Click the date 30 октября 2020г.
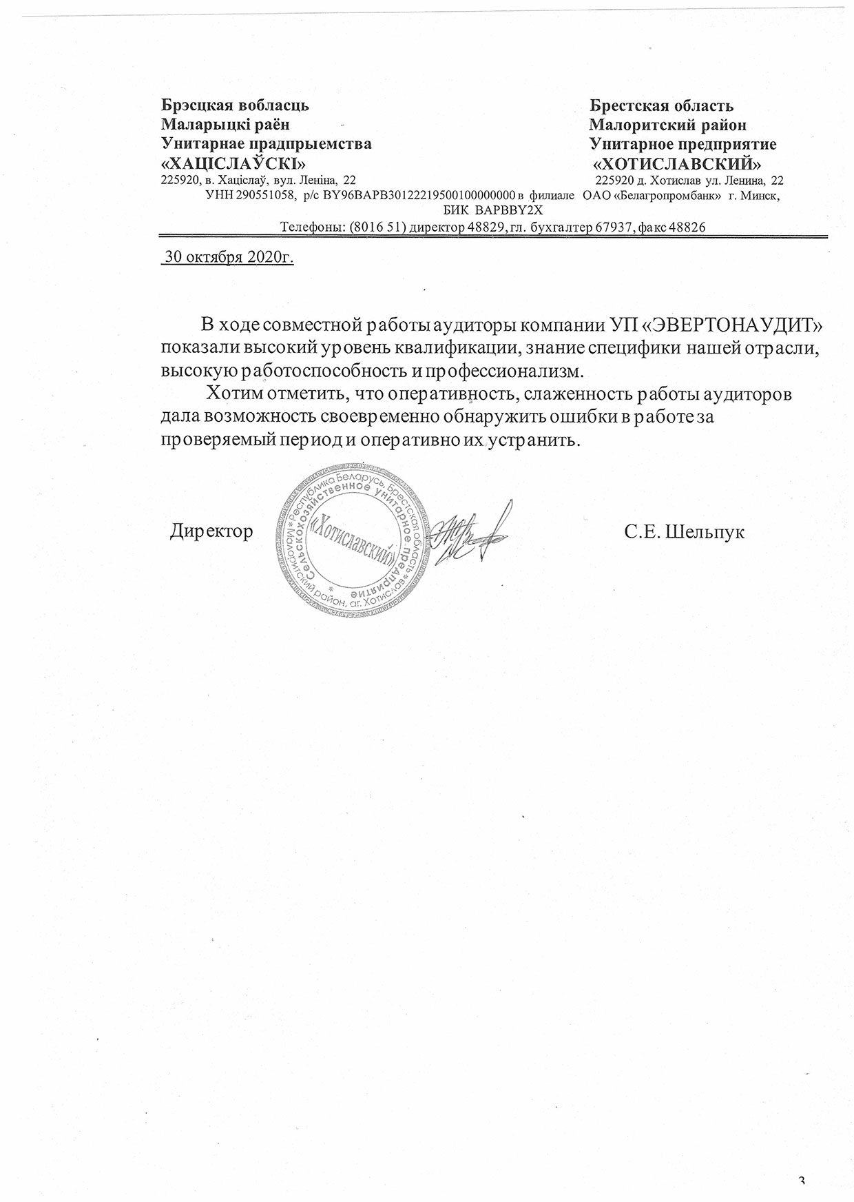[227, 258]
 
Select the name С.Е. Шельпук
[685, 532]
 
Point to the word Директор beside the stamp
[211, 531]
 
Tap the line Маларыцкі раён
[225, 125]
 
